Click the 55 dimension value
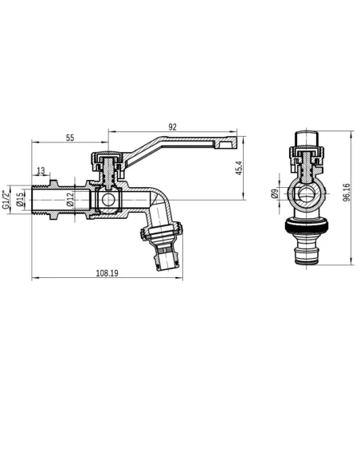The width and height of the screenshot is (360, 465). click(70, 138)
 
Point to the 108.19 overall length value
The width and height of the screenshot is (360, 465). click(109, 273)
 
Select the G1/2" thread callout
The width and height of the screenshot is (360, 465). click(6, 197)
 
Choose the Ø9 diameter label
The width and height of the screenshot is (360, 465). click(274, 193)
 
